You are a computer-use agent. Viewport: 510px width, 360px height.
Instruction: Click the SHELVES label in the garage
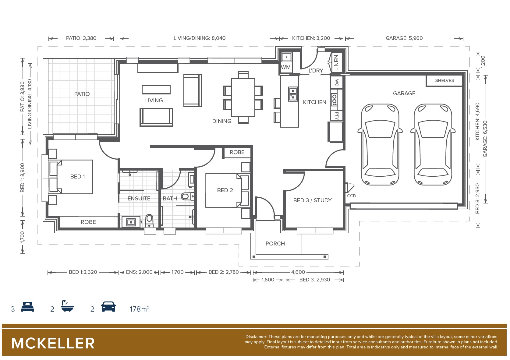(x=444, y=80)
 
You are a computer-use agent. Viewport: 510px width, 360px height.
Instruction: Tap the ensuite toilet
(x=149, y=221)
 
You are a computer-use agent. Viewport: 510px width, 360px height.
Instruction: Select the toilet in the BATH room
(x=187, y=196)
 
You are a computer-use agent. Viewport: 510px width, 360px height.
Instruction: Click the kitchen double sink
(x=293, y=94)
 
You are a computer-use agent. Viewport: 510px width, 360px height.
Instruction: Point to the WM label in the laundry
(x=286, y=67)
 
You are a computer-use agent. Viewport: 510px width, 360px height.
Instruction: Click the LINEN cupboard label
(x=336, y=62)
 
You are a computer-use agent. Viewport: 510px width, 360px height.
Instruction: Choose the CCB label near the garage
(x=351, y=196)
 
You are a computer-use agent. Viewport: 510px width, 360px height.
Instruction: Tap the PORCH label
(x=275, y=243)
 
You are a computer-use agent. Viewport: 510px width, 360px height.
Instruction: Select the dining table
(x=243, y=97)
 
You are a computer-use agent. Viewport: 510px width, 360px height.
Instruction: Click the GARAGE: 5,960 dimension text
(x=404, y=38)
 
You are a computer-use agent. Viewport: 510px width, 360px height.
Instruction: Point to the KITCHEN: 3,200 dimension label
(x=311, y=38)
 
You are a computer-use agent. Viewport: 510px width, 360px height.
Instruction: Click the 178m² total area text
(x=140, y=309)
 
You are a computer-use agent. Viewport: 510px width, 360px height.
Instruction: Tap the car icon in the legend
(x=108, y=306)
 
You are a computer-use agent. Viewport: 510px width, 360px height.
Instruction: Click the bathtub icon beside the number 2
(x=67, y=306)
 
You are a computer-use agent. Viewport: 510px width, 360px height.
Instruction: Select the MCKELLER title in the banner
(x=53, y=343)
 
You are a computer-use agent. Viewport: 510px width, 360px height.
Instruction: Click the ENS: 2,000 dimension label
(x=139, y=272)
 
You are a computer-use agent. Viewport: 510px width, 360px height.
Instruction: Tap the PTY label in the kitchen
(x=337, y=116)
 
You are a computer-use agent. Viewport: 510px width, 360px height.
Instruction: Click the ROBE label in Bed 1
(x=88, y=222)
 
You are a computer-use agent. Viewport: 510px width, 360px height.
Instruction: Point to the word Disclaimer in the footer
(x=256, y=337)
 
